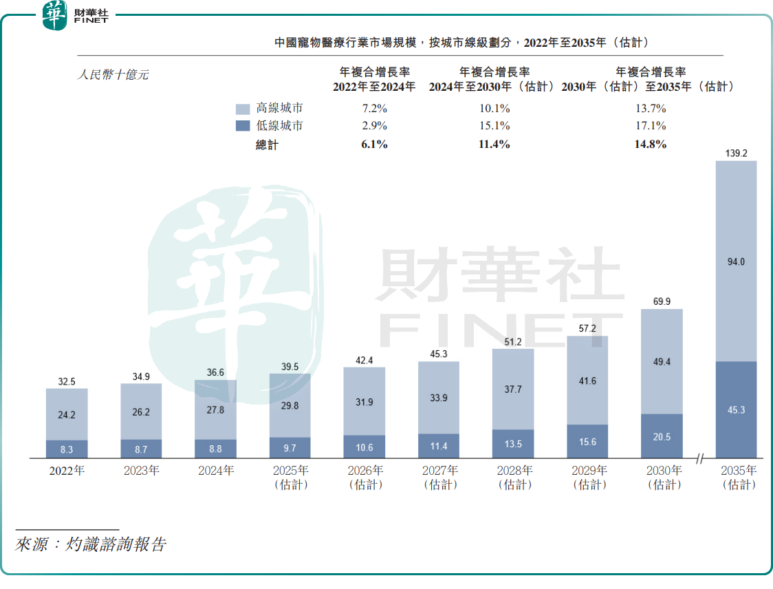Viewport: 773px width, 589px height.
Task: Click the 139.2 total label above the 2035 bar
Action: pos(736,153)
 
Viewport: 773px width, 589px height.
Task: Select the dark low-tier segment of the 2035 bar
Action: pos(736,409)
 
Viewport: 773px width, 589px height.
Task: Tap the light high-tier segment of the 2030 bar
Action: pos(662,361)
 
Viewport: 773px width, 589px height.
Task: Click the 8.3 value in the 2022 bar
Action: pos(67,449)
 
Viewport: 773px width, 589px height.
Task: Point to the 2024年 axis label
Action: pos(215,471)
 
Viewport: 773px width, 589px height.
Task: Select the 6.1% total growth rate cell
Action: pos(374,144)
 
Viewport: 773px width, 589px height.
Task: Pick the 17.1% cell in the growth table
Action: pos(651,126)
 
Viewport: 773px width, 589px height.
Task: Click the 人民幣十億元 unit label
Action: pos(112,75)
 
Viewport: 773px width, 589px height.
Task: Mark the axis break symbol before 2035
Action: pos(700,458)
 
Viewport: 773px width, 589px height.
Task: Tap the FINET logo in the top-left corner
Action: pos(76,15)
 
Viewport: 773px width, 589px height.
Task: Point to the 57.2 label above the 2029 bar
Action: pos(587,329)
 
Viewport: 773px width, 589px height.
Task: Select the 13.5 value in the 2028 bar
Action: pos(513,444)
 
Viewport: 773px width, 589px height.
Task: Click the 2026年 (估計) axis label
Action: pos(364,478)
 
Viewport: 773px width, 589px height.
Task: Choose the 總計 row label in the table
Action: pos(267,144)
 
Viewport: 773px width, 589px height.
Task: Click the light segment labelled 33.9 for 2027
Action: pos(439,397)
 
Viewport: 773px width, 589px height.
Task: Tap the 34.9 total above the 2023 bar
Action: pos(141,376)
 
